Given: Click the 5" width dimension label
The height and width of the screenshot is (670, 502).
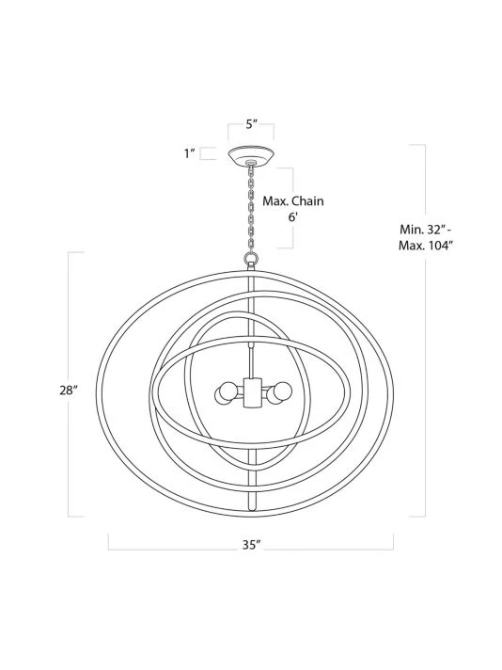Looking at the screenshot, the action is point(251,124).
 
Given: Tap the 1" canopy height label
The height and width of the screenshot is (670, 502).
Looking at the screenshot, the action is point(190,153).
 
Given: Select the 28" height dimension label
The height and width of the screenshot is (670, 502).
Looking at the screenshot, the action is point(69,391).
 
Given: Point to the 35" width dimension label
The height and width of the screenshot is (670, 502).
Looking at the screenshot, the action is point(251,545).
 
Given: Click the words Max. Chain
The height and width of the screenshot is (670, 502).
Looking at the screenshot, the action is point(293,200).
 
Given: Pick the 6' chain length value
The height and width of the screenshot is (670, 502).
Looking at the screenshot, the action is point(292,216).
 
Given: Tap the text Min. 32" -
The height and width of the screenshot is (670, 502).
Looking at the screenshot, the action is point(426,229).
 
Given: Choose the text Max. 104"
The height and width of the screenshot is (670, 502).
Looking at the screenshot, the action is point(425,246).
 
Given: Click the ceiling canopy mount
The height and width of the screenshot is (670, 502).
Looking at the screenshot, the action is point(251,155).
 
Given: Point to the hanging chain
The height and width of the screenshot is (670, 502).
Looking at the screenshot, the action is point(251,209).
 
